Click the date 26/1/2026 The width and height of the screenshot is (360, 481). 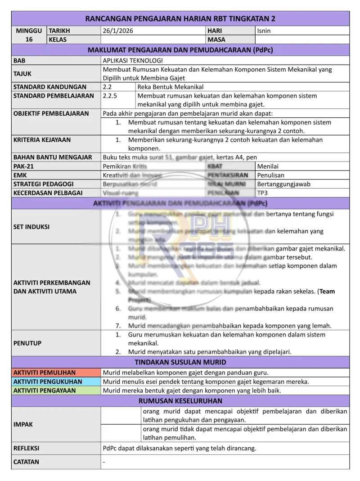point(118,31)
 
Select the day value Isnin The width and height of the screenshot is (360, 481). point(264,31)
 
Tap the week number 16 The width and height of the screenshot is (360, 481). point(29,40)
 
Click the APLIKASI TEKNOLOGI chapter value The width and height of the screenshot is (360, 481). point(133,60)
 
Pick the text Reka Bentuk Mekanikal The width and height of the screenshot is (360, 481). point(171,87)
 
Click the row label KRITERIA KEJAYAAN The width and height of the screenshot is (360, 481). point(42,139)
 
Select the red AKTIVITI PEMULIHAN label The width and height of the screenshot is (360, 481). point(45,373)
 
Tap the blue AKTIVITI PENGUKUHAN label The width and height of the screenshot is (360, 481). point(48,382)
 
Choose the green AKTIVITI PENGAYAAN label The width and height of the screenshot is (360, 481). point(45,391)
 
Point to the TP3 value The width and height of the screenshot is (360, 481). point(263,193)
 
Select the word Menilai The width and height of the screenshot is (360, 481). point(268,166)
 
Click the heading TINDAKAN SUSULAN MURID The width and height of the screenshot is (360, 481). point(180,362)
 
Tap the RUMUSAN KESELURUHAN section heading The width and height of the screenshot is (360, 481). point(180,401)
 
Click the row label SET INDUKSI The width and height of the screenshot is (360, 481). point(31,227)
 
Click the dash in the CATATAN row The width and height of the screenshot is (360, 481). point(104,462)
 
